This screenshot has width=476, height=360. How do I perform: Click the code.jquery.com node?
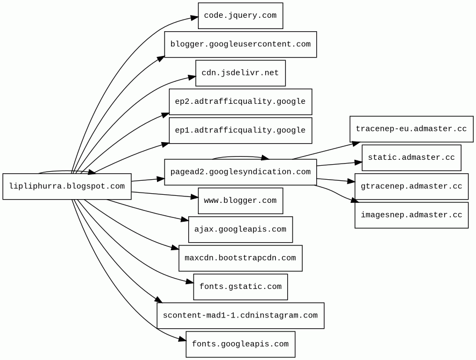tap(240, 16)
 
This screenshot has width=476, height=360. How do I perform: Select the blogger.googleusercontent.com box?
tap(240, 44)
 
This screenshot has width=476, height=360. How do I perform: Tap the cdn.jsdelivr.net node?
tap(240, 73)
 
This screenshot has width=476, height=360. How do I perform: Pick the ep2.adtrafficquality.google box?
tap(240, 102)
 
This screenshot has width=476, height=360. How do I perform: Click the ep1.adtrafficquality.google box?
tap(240, 130)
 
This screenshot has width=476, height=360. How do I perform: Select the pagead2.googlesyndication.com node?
tap(240, 172)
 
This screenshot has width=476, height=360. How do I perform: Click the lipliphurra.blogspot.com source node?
tap(67, 186)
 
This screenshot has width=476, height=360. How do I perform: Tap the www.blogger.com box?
tap(240, 201)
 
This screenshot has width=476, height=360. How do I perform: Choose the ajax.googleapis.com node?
tap(240, 229)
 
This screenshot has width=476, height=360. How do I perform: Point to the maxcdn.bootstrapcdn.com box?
tap(240, 258)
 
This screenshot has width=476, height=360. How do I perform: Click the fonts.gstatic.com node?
tap(240, 287)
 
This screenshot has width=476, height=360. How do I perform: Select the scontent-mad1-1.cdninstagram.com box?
tap(240, 315)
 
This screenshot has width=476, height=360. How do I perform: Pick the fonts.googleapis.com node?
tap(240, 344)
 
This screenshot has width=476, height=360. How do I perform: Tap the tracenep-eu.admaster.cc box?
tap(411, 129)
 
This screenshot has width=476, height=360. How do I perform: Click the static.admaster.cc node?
tap(411, 158)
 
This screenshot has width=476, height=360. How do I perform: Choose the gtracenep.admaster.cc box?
tap(411, 186)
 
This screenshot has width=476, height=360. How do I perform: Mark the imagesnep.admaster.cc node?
tap(411, 215)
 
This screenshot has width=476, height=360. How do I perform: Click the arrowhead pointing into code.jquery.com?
tap(195, 18)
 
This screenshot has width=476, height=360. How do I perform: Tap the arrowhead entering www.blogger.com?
tap(195, 197)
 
